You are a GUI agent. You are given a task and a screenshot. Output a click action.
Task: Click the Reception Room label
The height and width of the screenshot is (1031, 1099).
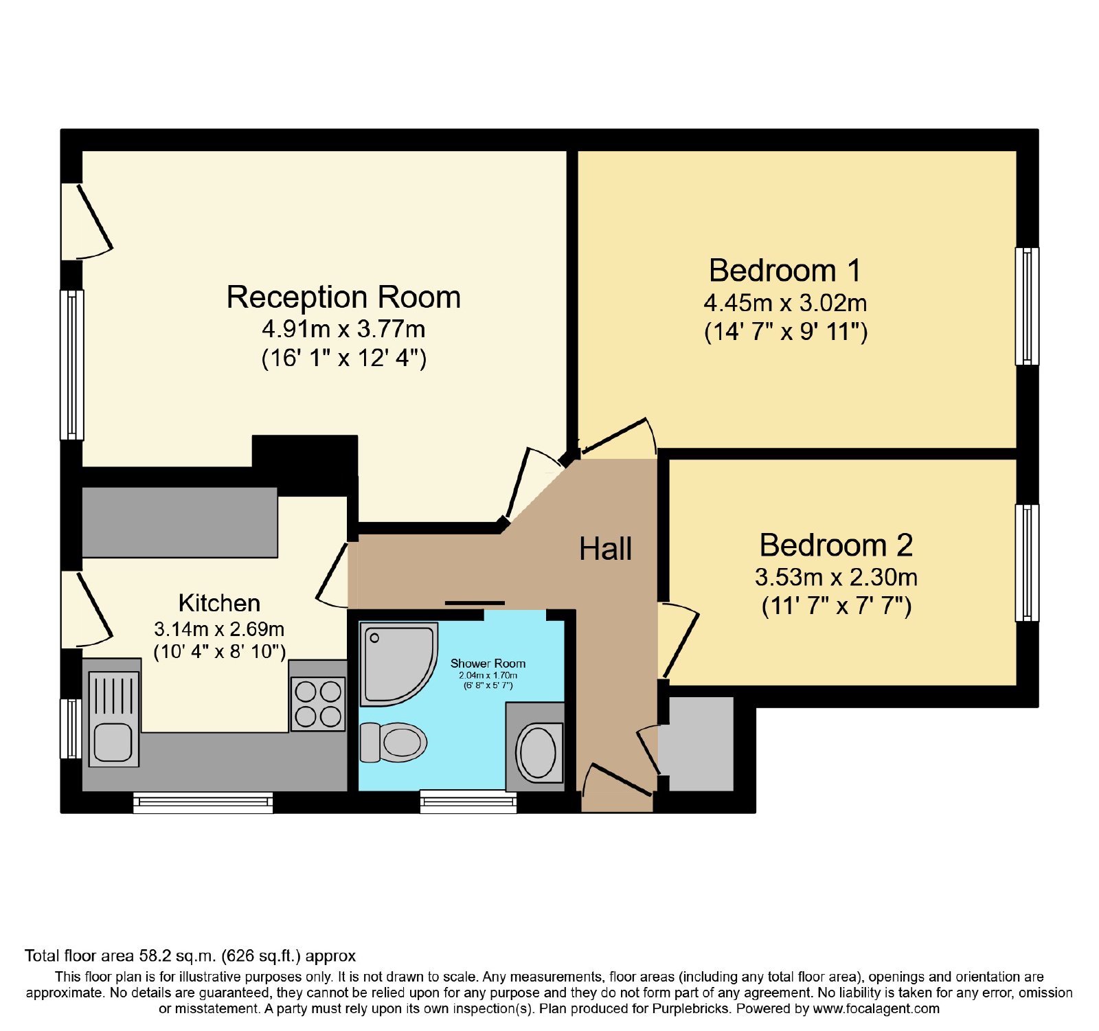click(x=343, y=297)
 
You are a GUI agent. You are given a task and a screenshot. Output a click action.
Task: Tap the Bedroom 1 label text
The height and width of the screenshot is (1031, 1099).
click(x=785, y=271)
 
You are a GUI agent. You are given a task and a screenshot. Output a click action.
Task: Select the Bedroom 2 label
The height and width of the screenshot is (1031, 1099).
click(x=836, y=545)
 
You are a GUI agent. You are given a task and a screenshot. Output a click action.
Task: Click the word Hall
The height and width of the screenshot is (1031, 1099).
click(x=605, y=550)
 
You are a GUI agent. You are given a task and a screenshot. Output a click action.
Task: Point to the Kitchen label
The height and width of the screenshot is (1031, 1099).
click(x=219, y=603)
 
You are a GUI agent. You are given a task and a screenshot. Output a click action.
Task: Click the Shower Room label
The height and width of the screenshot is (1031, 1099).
click(x=488, y=664)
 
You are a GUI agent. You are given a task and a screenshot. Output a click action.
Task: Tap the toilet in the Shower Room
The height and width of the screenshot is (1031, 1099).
click(x=394, y=742)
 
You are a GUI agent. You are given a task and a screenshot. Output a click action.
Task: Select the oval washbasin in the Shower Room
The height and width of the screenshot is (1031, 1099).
click(x=538, y=752)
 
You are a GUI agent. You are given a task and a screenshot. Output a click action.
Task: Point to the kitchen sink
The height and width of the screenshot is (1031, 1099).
click(x=113, y=718)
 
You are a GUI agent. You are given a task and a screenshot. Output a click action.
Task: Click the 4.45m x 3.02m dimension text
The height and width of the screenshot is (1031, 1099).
click(x=785, y=303)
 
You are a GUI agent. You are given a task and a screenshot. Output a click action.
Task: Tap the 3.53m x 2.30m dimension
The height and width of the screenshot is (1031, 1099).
click(x=836, y=578)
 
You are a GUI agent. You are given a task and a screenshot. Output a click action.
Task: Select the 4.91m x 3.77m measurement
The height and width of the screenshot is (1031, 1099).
click(x=343, y=330)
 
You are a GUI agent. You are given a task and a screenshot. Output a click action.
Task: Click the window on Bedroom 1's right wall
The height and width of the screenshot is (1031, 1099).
click(x=1027, y=306)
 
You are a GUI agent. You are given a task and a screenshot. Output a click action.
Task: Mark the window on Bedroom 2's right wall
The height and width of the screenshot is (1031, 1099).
click(x=1027, y=563)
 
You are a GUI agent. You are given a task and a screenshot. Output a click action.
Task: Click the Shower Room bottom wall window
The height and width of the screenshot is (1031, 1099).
click(x=468, y=802)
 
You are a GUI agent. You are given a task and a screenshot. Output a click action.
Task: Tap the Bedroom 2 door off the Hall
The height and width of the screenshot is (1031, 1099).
click(x=679, y=640)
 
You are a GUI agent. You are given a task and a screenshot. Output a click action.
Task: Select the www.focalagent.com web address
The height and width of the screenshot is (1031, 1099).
click(x=876, y=1009)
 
